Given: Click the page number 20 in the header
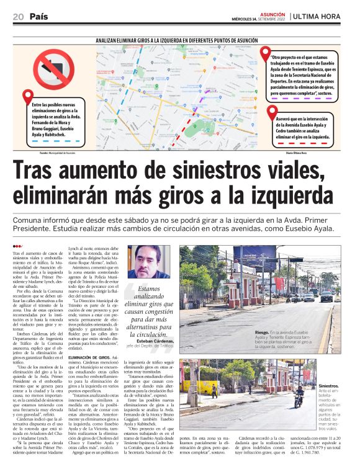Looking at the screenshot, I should point(18,17).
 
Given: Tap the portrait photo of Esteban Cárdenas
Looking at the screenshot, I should point(149,261).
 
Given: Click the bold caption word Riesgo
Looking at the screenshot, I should point(245,332).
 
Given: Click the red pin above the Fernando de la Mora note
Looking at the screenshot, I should point(28,97).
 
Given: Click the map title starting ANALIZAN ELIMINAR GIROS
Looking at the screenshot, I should point(180,39).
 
